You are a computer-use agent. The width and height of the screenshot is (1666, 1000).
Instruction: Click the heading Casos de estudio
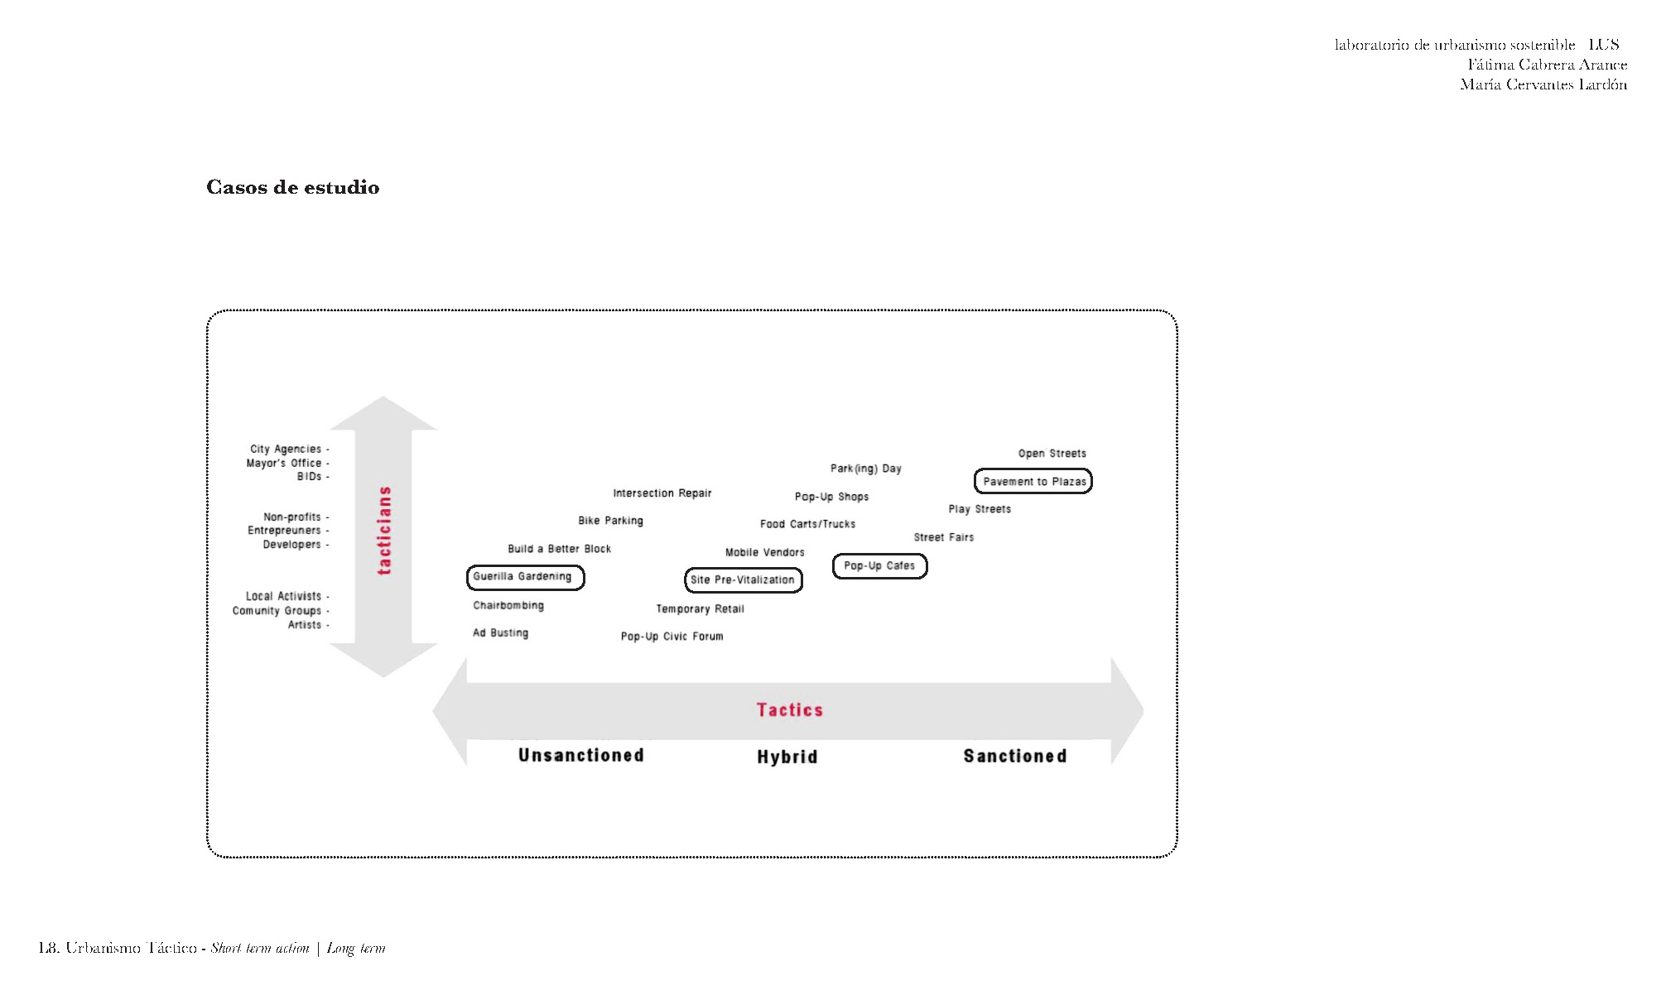click(293, 187)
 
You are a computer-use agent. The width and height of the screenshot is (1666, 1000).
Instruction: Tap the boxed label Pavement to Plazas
click(1033, 481)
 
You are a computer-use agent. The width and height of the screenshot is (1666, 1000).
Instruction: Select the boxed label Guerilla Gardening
click(525, 577)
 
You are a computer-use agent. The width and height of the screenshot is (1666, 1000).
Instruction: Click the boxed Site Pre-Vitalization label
click(743, 579)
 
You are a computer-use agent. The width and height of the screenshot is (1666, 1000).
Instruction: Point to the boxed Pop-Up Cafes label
click(879, 566)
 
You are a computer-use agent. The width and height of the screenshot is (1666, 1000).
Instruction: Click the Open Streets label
click(1052, 454)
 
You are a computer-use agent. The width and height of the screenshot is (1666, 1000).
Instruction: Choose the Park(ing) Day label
click(866, 469)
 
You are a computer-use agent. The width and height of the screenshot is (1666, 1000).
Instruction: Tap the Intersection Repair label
click(662, 493)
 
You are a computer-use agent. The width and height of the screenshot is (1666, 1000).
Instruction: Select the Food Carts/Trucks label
click(808, 524)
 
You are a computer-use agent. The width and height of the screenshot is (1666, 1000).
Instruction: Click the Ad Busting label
click(500, 633)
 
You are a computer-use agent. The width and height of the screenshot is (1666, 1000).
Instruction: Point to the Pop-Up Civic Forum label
click(672, 637)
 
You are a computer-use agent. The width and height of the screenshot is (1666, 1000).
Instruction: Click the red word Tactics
click(790, 710)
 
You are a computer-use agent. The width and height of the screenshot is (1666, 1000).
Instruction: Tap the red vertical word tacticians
click(384, 530)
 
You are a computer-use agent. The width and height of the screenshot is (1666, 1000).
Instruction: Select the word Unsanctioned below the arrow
click(581, 755)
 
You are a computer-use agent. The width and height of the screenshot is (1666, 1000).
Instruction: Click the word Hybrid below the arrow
click(787, 757)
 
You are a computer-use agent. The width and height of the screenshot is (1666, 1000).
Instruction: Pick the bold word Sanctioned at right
click(1015, 756)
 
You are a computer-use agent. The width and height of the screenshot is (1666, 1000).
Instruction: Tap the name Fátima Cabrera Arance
click(1548, 65)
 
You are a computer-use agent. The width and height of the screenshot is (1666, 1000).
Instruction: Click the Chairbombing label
click(508, 606)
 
